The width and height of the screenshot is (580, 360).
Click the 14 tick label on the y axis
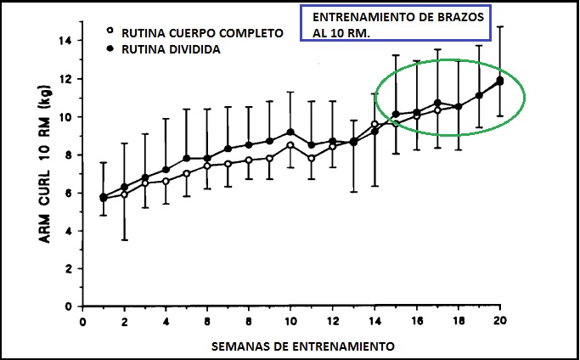click(65, 40)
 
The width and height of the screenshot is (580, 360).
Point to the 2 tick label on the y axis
click(67, 268)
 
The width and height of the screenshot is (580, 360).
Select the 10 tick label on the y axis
click(65, 116)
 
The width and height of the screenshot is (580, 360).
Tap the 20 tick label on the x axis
click(499, 323)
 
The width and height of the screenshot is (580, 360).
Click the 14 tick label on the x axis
click(374, 323)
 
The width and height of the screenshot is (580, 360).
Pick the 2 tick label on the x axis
click(124, 323)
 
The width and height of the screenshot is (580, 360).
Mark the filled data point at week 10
click(291, 132)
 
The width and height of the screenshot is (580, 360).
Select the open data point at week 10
click(291, 145)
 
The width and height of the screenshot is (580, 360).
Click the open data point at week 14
click(374, 124)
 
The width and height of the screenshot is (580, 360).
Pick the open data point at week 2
click(125, 194)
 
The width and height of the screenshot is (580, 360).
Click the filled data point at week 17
click(437, 103)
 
